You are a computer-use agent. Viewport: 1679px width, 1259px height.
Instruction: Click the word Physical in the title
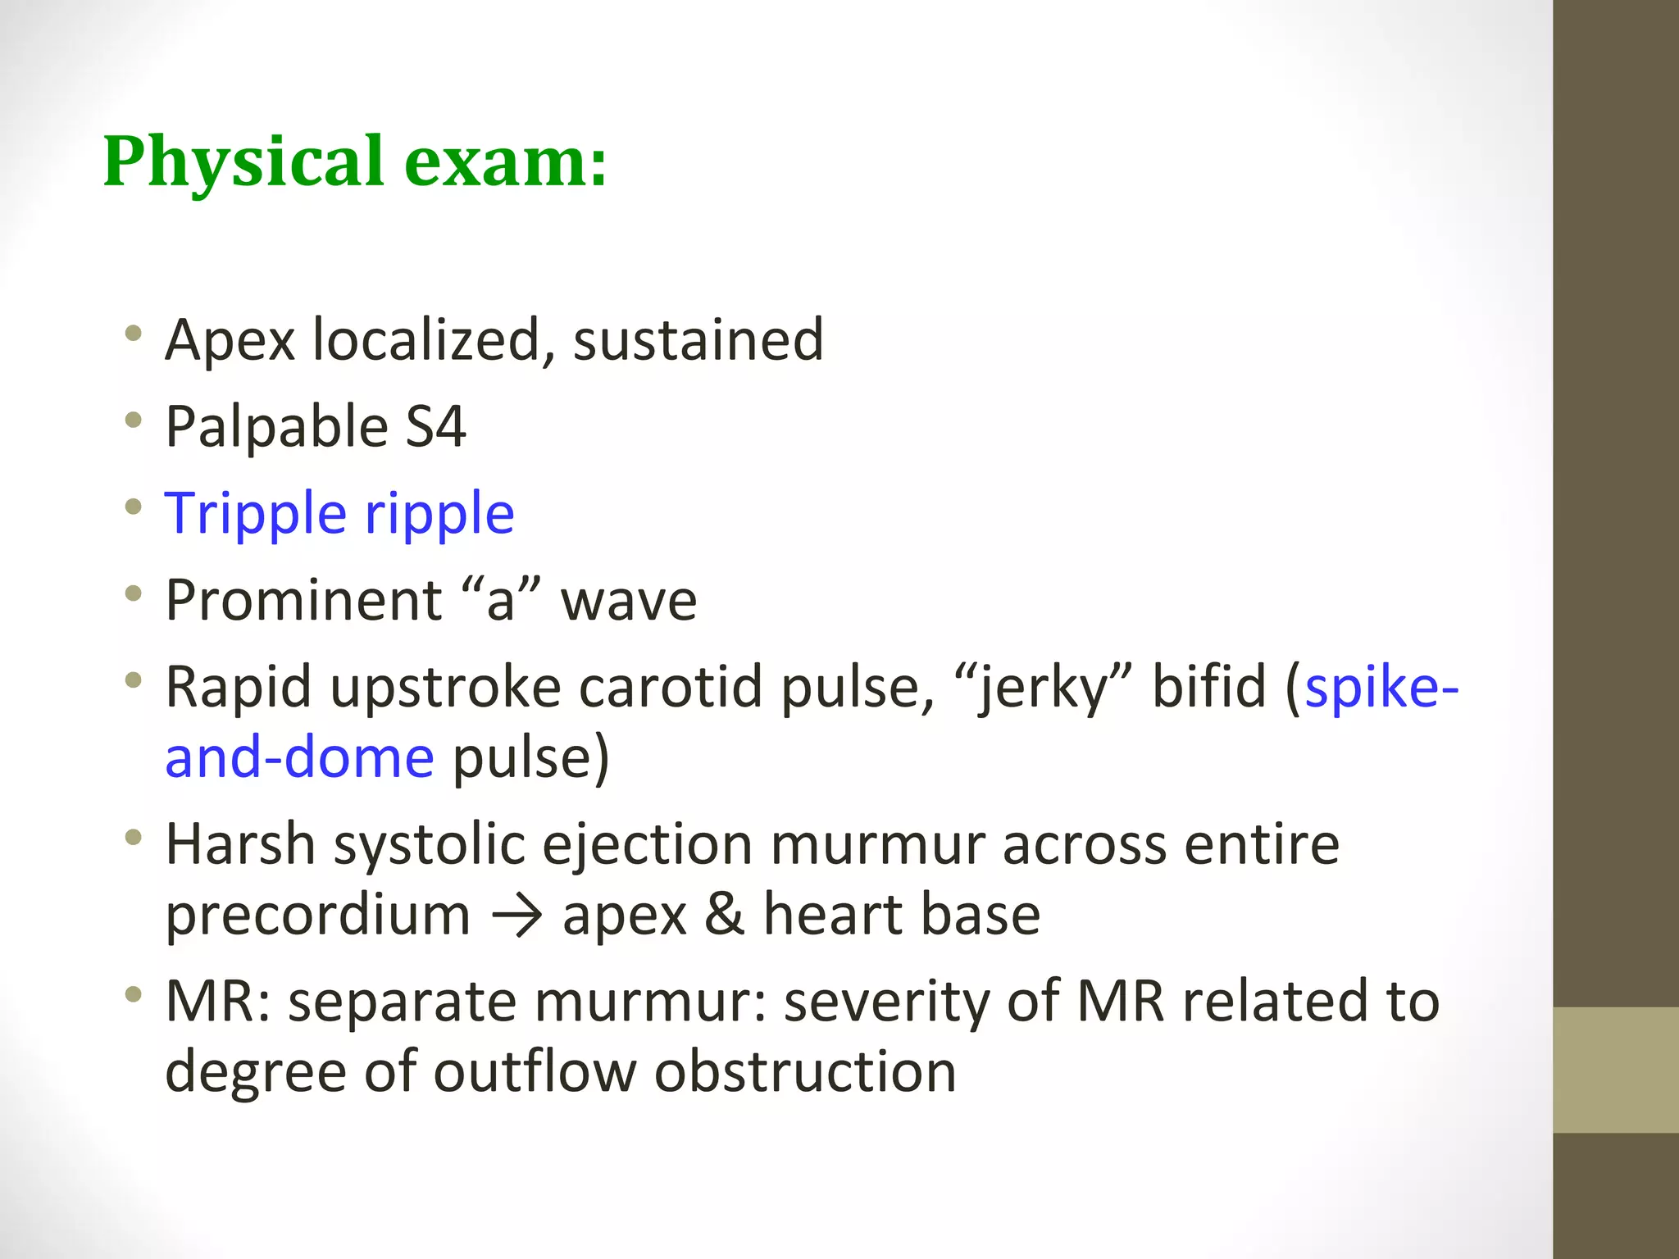point(243,161)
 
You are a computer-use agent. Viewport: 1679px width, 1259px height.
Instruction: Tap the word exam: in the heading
point(505,161)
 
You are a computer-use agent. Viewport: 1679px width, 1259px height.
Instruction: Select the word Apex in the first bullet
point(230,339)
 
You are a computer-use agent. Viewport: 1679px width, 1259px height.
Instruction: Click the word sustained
point(698,339)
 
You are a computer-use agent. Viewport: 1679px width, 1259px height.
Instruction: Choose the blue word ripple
point(439,514)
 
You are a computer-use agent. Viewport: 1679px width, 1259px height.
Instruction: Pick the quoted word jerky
point(1044,687)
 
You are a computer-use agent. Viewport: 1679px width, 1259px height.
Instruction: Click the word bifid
point(1208,687)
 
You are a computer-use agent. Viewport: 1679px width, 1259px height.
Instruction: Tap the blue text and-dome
point(299,757)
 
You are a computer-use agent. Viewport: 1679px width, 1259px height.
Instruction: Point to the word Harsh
point(240,844)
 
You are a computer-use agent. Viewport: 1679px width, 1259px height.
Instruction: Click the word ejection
point(647,844)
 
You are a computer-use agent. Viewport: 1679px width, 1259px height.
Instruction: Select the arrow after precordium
point(516,916)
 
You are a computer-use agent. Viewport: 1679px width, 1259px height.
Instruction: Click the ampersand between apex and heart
point(724,915)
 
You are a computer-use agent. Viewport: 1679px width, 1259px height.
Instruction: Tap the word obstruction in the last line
point(805,1071)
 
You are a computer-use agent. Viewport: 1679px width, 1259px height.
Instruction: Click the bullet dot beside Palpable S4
point(134,421)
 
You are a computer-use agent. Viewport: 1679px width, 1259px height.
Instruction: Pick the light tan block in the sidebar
point(1616,1070)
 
